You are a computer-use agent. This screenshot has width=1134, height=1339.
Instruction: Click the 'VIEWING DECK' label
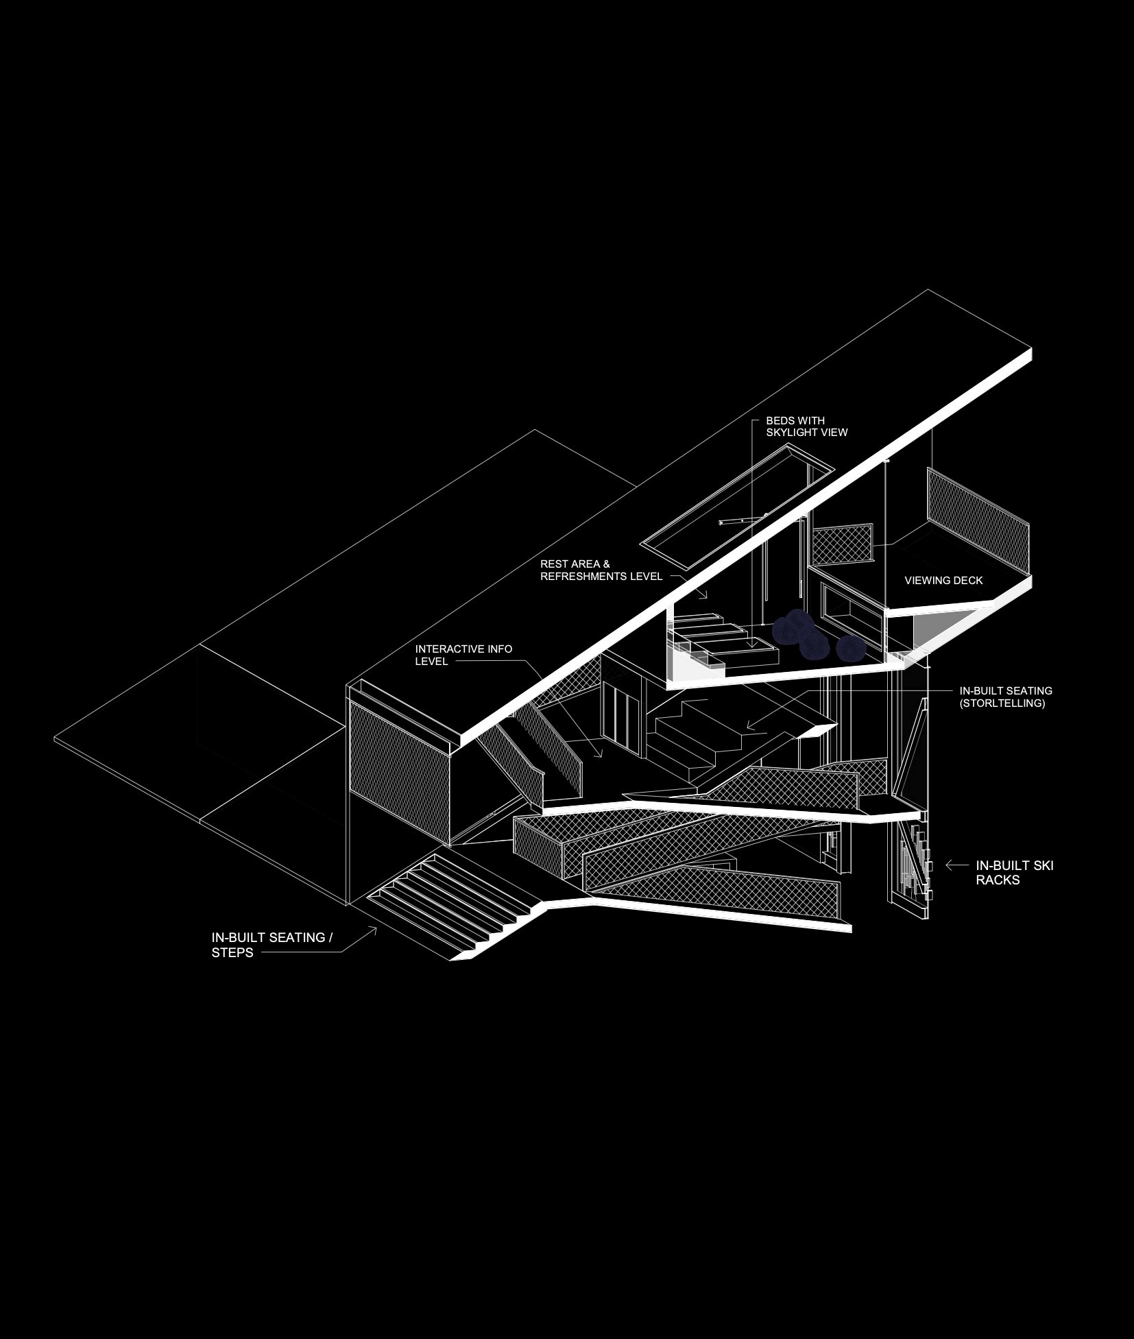[x=943, y=580]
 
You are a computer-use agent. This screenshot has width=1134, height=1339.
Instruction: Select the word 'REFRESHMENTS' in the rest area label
[x=583, y=577]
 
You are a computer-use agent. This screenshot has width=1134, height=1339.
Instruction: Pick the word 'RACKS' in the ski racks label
[x=998, y=880]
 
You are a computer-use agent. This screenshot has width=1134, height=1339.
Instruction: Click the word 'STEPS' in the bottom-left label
[x=232, y=952]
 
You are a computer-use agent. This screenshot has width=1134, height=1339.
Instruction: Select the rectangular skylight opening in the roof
[x=737, y=506]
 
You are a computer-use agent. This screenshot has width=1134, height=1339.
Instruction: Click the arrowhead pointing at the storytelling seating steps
[x=751, y=725]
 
